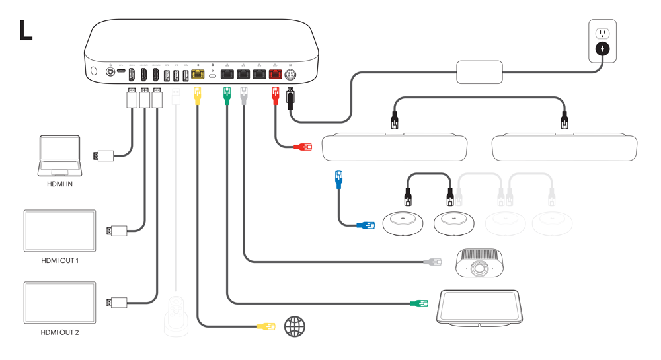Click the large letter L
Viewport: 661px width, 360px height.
pos(25,30)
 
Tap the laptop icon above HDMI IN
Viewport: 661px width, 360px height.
pos(59,156)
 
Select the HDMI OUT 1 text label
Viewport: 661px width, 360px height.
pos(59,260)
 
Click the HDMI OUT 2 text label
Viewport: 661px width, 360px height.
pos(59,332)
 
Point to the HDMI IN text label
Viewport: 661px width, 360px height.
pos(59,184)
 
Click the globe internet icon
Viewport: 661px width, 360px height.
pos(295,326)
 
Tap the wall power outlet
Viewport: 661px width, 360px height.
pos(602,41)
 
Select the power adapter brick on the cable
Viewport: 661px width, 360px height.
pos(479,72)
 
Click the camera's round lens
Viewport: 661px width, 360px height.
pos(480,268)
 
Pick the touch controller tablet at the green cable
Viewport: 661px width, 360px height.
pos(480,307)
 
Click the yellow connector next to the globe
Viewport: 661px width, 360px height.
pos(266,326)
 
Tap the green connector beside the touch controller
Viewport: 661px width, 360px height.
pos(418,304)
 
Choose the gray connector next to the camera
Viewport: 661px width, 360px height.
pos(432,262)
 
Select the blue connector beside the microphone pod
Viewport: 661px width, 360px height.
pos(365,226)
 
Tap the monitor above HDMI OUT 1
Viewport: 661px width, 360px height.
pos(59,231)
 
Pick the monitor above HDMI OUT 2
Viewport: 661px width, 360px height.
pos(59,303)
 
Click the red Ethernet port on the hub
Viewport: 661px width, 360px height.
pos(275,75)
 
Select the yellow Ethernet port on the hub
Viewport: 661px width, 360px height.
pos(197,75)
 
